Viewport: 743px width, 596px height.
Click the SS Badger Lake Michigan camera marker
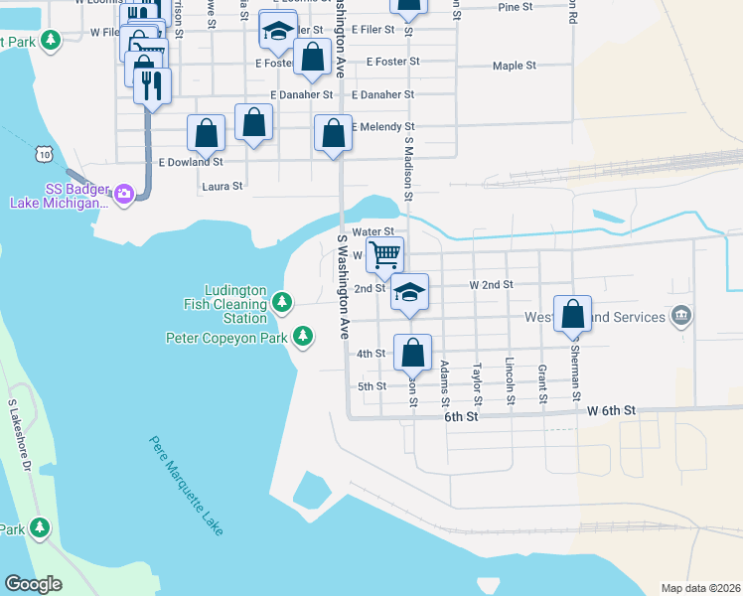(124, 193)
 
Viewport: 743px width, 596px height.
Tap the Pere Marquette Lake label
(186, 487)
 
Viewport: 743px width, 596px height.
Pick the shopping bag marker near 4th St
(412, 352)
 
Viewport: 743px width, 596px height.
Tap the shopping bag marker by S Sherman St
(573, 314)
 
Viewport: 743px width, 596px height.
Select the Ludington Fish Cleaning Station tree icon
(283, 300)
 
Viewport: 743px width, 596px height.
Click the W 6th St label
(610, 409)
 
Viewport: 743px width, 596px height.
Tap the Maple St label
(515, 66)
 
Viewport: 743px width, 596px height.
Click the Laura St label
(222, 186)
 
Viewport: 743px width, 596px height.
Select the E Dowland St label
(191, 161)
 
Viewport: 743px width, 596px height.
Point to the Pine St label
(516, 7)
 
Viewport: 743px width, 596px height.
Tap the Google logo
(34, 584)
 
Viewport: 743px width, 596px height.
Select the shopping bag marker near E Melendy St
(333, 132)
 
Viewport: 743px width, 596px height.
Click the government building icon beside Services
(680, 317)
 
